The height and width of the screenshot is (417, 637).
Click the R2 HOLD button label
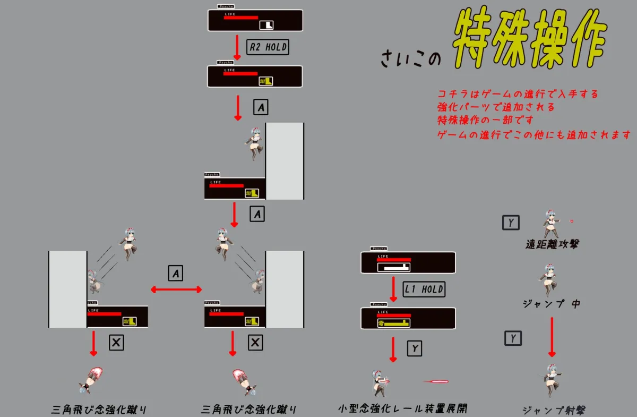[268, 47]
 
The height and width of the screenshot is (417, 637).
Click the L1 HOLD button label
[424, 290]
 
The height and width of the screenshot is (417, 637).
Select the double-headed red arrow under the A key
[176, 290]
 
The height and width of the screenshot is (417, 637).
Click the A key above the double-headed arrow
[176, 273]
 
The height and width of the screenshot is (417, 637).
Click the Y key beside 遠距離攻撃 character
[511, 223]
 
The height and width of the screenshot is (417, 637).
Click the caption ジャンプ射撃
[554, 410]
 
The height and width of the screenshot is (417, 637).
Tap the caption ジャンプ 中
[552, 304]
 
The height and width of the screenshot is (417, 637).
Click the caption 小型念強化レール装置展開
[402, 409]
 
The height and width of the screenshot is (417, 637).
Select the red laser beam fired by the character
[436, 381]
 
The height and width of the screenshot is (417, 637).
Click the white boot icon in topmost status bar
[266, 25]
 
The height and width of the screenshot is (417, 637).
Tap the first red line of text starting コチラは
[518, 94]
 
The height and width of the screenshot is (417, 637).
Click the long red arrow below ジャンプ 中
[552, 337]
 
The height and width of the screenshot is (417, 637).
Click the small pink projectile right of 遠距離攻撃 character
[572, 220]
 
